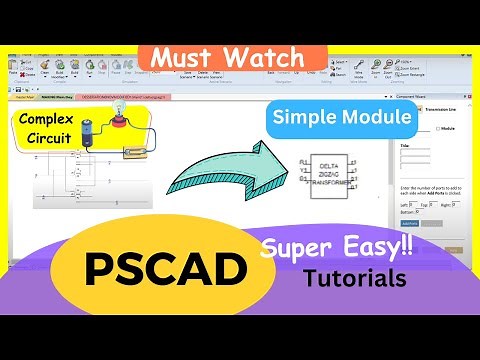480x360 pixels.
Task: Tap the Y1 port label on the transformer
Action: (305, 170)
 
